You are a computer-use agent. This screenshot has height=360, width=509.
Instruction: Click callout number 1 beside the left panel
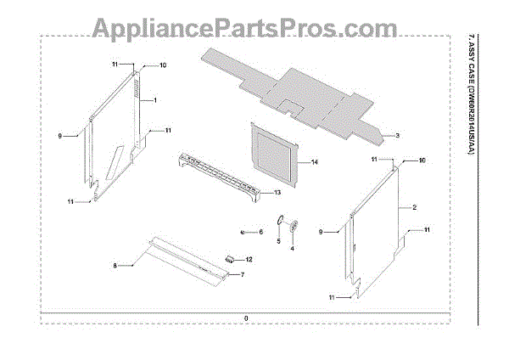(x=155, y=100)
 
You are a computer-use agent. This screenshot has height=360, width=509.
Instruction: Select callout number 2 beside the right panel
(x=413, y=207)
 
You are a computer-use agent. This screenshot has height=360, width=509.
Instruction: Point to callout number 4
(x=292, y=249)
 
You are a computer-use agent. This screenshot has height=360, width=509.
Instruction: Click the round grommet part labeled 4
(x=294, y=226)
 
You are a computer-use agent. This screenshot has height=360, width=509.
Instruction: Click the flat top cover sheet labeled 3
(x=288, y=89)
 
